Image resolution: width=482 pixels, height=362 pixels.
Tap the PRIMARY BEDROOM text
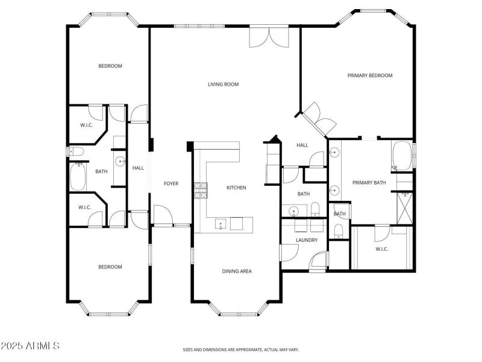pyautogui.click(x=370, y=75)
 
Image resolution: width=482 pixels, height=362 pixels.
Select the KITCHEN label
pyautogui.click(x=236, y=188)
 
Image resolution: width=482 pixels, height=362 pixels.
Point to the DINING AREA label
pyautogui.click(x=237, y=271)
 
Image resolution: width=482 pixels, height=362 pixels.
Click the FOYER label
pyautogui.click(x=171, y=183)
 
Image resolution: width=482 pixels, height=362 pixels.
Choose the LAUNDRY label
pyautogui.click(x=306, y=240)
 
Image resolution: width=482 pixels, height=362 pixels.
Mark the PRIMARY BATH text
pyautogui.click(x=369, y=182)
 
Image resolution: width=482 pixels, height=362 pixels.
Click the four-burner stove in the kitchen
pyautogui.click(x=200, y=190)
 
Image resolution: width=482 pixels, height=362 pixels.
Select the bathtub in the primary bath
pyautogui.click(x=402, y=156)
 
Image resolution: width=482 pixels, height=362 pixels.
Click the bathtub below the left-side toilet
pyautogui.click(x=78, y=176)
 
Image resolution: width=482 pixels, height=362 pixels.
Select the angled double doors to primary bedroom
pyautogui.click(x=319, y=119)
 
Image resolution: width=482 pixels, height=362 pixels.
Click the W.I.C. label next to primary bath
pyautogui.click(x=381, y=249)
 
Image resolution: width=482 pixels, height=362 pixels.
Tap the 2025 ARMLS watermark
pyautogui.click(x=30, y=346)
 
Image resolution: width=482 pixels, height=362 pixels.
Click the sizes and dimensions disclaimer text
pyautogui.click(x=240, y=349)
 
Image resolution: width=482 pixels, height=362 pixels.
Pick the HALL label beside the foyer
pyautogui.click(x=138, y=168)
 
